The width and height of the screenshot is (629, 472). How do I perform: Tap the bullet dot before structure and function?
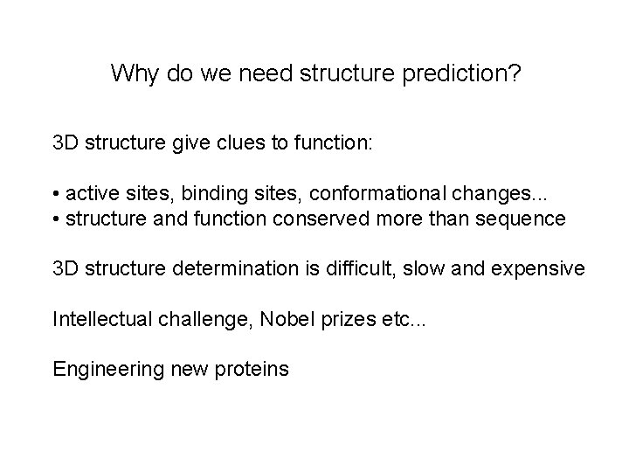click(x=56, y=218)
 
